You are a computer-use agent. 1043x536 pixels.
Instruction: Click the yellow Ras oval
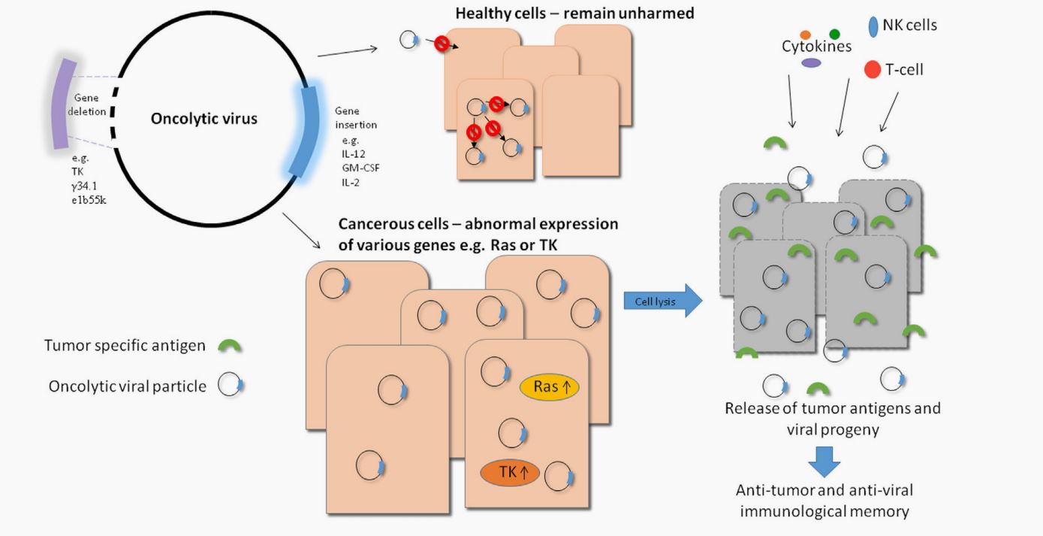coord(550,388)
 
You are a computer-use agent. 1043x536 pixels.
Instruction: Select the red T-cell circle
coord(873,70)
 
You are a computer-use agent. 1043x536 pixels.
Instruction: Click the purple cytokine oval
coord(812,63)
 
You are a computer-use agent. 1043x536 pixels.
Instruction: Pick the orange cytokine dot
coord(806,35)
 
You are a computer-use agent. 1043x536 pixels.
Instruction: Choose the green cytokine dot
coord(835,35)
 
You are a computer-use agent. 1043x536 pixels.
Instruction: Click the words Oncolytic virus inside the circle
coord(204,119)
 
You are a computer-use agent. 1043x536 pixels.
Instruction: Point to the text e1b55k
coord(90,199)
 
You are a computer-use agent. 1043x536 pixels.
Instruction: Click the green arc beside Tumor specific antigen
coord(230,347)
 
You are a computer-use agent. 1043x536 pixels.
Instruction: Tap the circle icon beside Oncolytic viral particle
coord(228,386)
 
